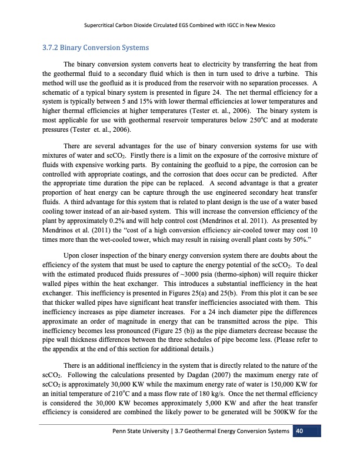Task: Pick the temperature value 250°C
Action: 283,119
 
